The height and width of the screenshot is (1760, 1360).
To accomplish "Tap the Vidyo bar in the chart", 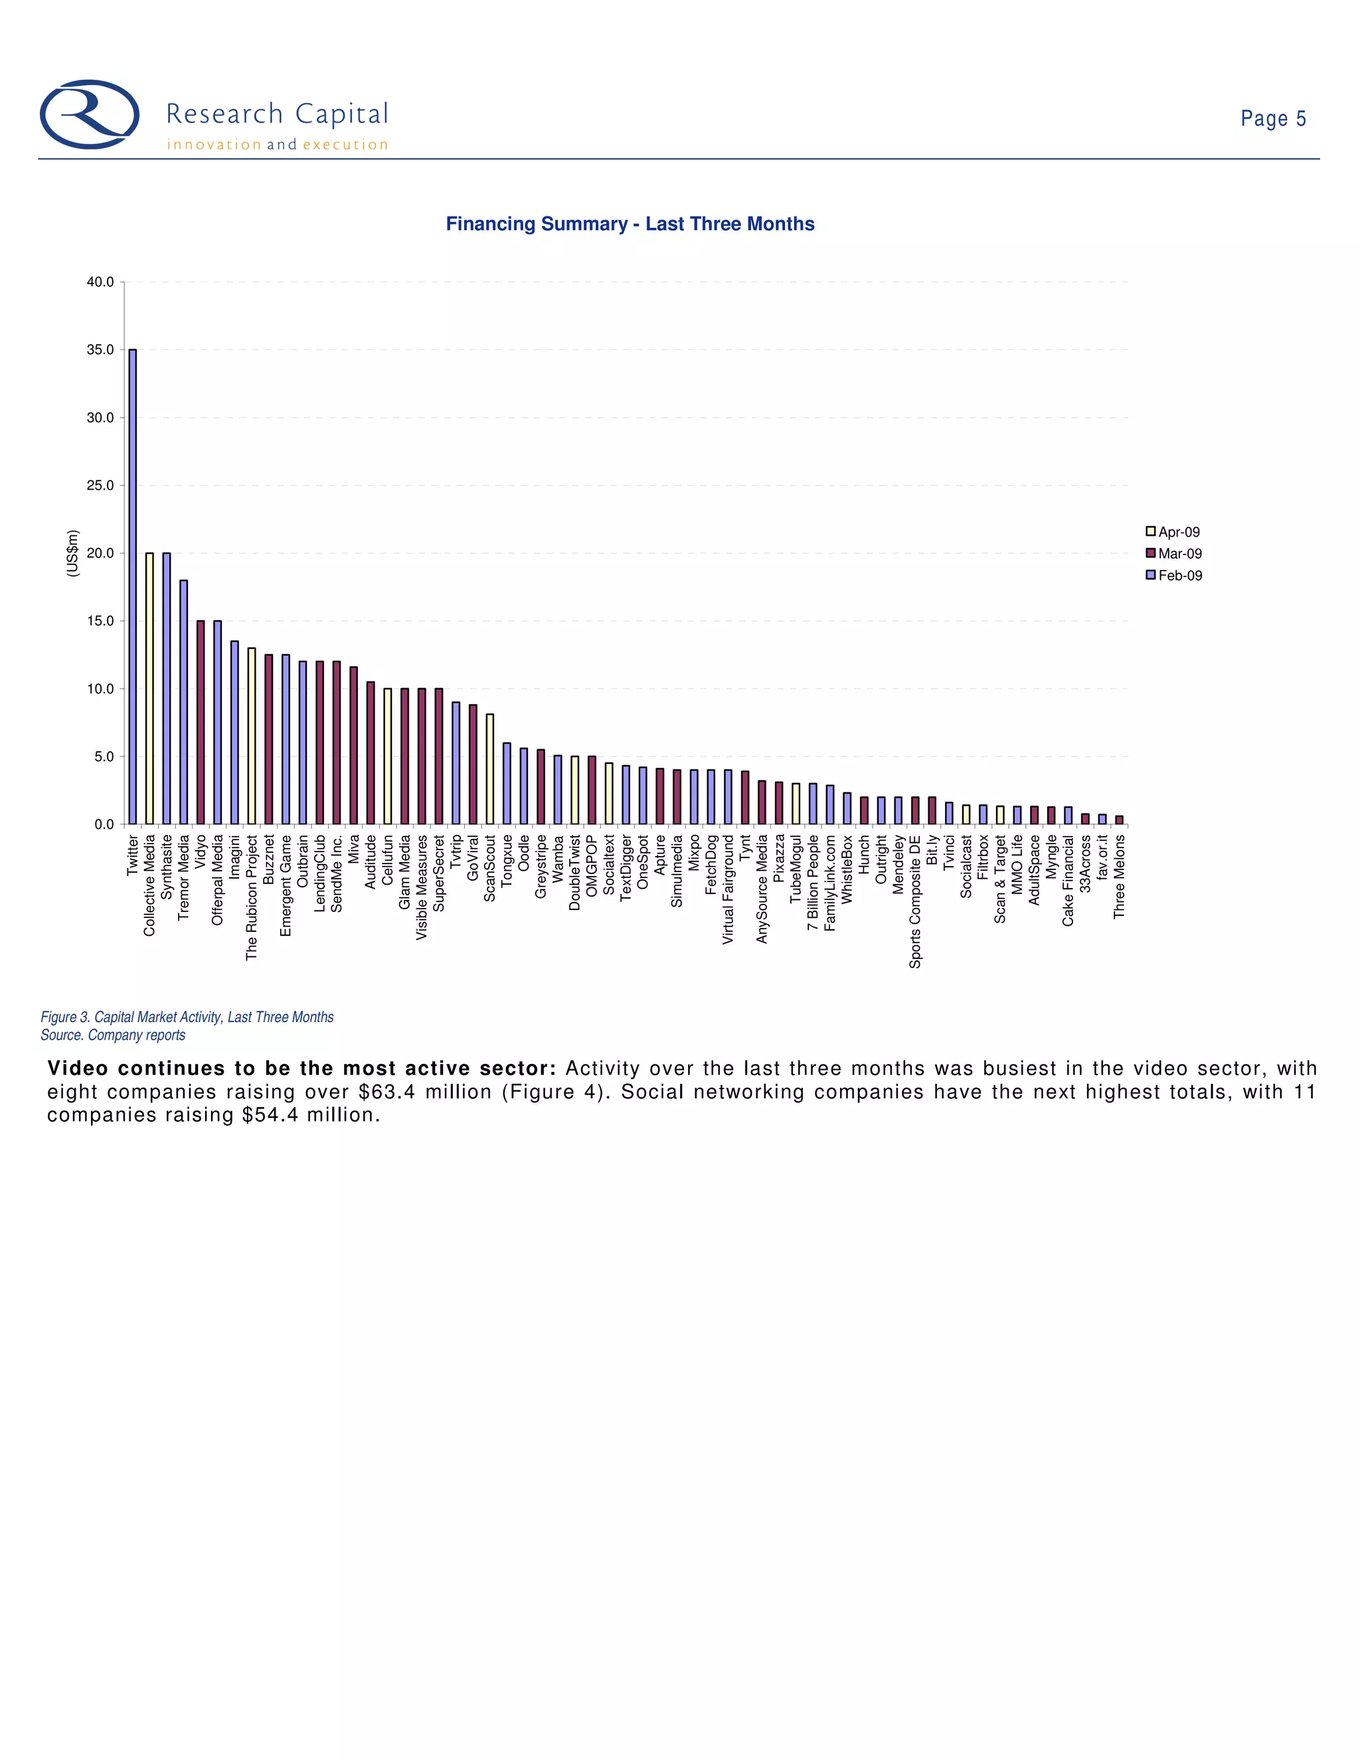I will point(201,723).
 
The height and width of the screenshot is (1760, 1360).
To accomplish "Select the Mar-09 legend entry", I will point(1174,554).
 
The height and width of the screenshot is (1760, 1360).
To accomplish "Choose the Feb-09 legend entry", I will point(1174,575).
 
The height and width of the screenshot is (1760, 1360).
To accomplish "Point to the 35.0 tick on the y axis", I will point(101,350).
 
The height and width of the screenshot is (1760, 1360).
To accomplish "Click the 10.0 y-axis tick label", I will point(101,689).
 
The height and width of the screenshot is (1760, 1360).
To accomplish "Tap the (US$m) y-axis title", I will point(73,553).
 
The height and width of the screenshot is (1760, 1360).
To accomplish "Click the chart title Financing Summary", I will point(630,224).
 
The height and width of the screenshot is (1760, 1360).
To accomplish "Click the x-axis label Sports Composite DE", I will point(915,902).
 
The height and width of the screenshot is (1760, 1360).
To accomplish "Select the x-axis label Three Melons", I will point(1119,876).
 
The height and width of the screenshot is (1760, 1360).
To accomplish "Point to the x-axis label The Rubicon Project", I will point(252,897).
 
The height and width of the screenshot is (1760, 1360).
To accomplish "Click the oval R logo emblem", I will point(90,114).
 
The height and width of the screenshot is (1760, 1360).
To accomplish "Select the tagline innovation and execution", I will point(277,145).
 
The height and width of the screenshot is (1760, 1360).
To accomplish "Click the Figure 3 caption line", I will point(187,1017).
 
